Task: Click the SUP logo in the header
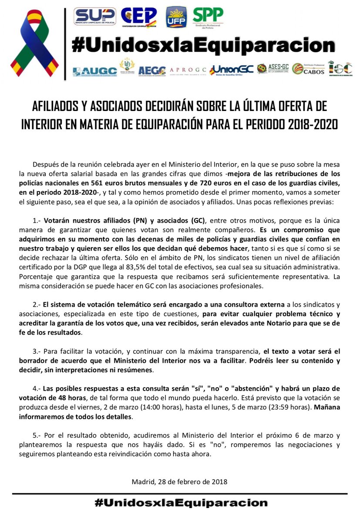point(95,16)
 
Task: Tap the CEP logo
point(139,17)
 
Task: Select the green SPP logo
point(208,17)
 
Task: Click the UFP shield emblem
point(176,17)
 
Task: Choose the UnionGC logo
point(231,70)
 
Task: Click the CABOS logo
point(309,69)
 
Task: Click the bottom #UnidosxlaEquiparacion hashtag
point(180,503)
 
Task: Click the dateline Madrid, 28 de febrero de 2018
point(179,482)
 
